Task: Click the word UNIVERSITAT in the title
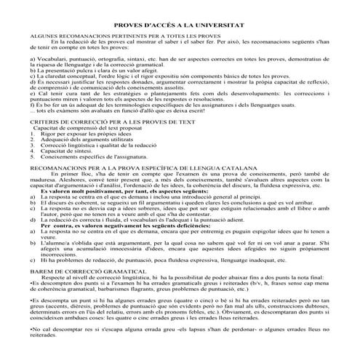(x=223, y=24)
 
